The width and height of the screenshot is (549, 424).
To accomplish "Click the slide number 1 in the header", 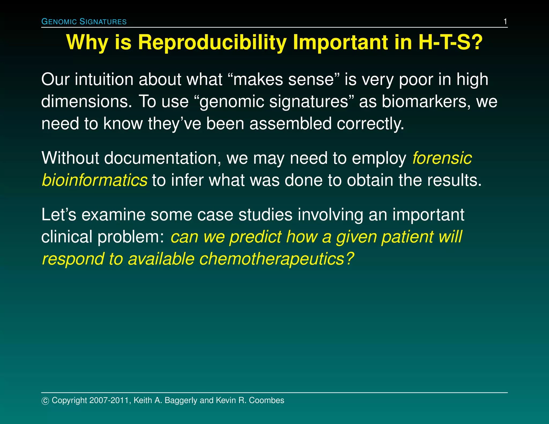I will coord(505,21).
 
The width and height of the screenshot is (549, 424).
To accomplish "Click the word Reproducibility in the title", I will coord(212,42).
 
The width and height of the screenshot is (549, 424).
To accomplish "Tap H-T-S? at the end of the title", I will coord(450,42).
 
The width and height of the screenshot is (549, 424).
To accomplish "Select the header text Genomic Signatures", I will coord(84,21).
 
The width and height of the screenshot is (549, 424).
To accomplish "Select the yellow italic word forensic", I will coord(442,158).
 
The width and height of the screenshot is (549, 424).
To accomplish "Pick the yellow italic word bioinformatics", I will coord(95,180).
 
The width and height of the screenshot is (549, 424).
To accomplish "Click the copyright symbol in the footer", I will coord(45,401).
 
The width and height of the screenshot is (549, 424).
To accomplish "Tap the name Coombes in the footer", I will coord(266,400).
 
